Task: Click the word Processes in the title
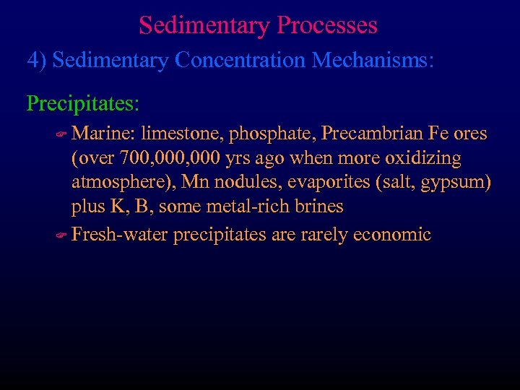(x=326, y=26)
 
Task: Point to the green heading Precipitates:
(x=83, y=103)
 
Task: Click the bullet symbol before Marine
(x=61, y=134)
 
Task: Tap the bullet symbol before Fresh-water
(x=61, y=235)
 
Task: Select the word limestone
(x=183, y=134)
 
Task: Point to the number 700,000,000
(x=165, y=157)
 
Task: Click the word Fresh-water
(x=121, y=235)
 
